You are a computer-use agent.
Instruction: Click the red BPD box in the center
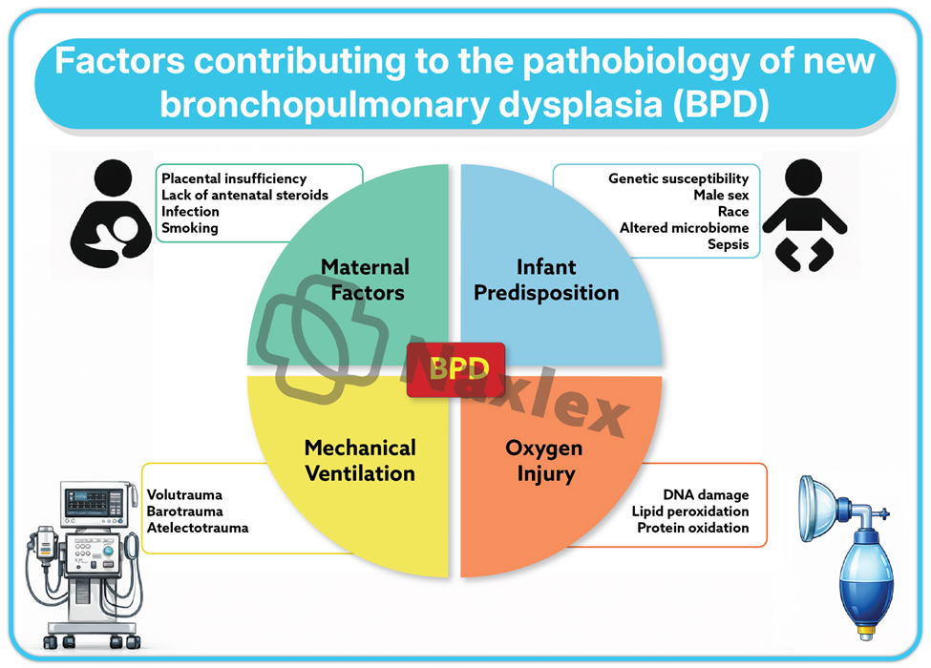(455, 368)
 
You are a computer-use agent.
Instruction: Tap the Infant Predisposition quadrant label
(546, 280)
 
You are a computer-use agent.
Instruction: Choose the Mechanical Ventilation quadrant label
(360, 460)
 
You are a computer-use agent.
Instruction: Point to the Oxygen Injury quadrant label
(543, 460)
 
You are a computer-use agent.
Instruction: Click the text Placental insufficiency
(234, 178)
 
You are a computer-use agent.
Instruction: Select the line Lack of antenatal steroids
(244, 195)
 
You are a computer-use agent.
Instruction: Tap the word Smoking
(189, 228)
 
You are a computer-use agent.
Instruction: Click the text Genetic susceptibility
(678, 178)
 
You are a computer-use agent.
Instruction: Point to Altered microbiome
(684, 228)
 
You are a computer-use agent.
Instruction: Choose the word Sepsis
(729, 244)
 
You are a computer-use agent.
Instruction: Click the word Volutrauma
(184, 494)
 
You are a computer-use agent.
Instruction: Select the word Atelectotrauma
(197, 527)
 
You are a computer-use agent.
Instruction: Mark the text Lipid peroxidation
(690, 511)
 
